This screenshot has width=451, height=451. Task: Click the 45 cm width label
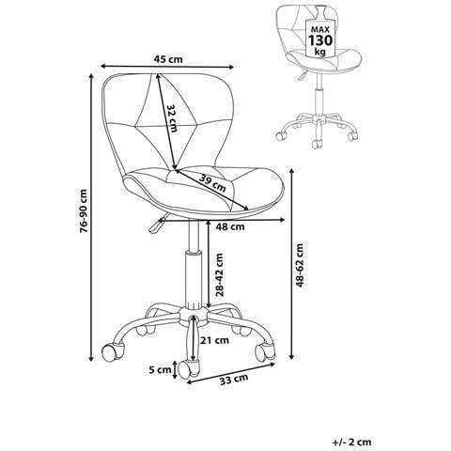coord(168,59)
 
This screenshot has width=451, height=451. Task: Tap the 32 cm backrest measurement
coord(171,117)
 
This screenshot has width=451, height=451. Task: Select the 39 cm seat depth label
coord(212,183)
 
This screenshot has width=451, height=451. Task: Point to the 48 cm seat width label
coord(230,226)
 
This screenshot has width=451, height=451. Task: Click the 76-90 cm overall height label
coord(84,210)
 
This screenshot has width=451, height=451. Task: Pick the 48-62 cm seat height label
coord(300,265)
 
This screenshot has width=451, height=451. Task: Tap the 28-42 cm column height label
coord(220,275)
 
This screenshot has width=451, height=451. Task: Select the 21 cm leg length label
coord(215,340)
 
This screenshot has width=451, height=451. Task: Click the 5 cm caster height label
coord(160,370)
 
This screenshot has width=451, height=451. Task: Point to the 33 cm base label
coord(234,380)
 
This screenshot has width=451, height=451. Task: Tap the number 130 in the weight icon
coord(320,40)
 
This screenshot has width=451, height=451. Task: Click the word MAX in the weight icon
coord(320,29)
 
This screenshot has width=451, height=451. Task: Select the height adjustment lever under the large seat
coord(157,223)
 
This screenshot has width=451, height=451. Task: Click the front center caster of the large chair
coord(188,368)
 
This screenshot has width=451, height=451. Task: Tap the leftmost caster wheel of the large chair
coord(114,351)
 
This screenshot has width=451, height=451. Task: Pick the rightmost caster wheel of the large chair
coord(265,351)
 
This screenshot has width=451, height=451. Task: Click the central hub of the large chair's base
coord(193,315)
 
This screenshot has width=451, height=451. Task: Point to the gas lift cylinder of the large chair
coord(194,279)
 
